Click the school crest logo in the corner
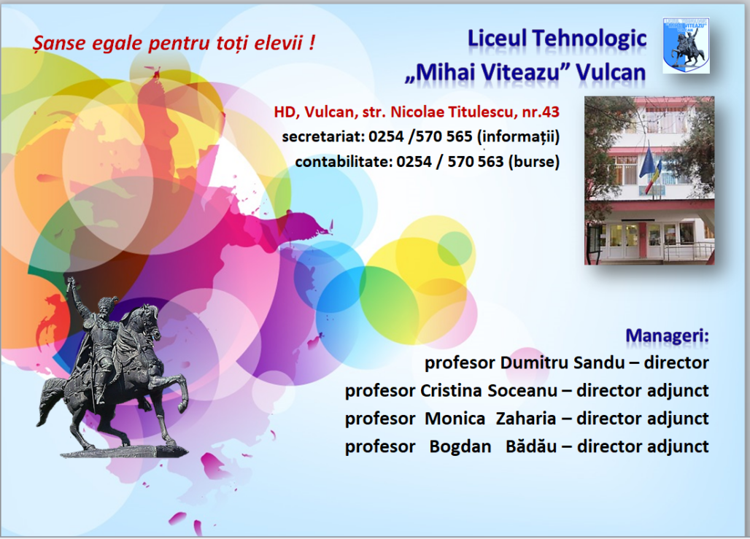[686, 45]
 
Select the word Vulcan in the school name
[611, 73]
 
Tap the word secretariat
[323, 137]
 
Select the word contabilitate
[344, 162]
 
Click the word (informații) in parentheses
[519, 137]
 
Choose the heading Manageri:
[668, 336]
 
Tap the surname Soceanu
[522, 391]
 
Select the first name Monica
[455, 419]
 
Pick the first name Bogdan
[460, 446]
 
